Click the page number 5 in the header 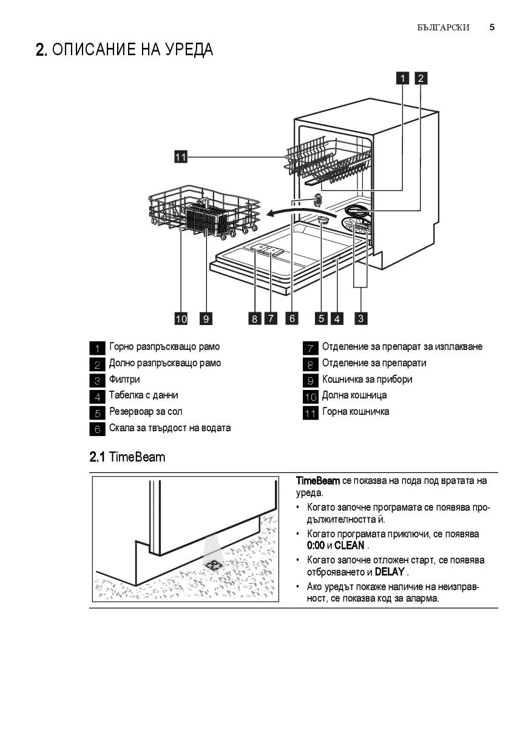pyautogui.click(x=492, y=27)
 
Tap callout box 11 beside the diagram pyautogui.click(x=180, y=157)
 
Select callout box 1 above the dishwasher pyautogui.click(x=403, y=78)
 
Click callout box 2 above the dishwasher pyautogui.click(x=421, y=78)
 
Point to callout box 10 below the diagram pyautogui.click(x=181, y=318)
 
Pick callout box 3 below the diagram pyautogui.click(x=361, y=318)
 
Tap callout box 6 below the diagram pyautogui.click(x=292, y=318)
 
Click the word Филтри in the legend pyautogui.click(x=124, y=380)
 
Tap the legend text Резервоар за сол pyautogui.click(x=146, y=412)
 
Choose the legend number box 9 pyautogui.click(x=310, y=381)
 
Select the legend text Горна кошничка pyautogui.click(x=356, y=412)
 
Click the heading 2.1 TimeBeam pyautogui.click(x=127, y=457)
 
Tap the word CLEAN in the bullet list pyautogui.click(x=349, y=546)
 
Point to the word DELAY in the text pyautogui.click(x=390, y=572)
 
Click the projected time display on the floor pyautogui.click(x=214, y=566)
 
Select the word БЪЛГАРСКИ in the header pyautogui.click(x=444, y=28)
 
